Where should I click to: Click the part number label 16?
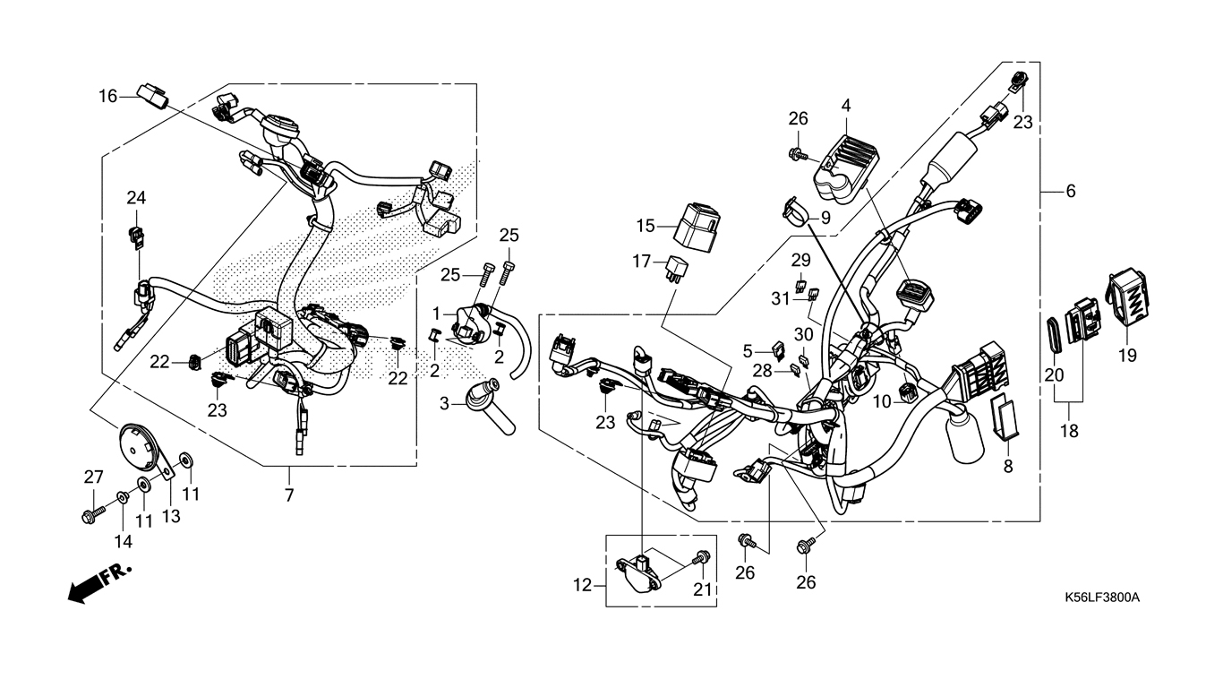(x=107, y=97)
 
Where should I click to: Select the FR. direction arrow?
(x=99, y=584)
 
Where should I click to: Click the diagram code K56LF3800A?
(x=1102, y=598)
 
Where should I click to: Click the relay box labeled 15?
(x=696, y=228)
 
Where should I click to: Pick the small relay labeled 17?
(x=676, y=271)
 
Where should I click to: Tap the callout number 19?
(x=1127, y=356)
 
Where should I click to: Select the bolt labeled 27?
(x=93, y=513)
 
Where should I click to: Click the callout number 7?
(x=289, y=495)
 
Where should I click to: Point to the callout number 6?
(x=1071, y=192)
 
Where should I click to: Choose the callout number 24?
(x=136, y=197)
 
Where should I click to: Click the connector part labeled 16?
(x=152, y=96)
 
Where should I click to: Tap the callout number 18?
(x=1069, y=431)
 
